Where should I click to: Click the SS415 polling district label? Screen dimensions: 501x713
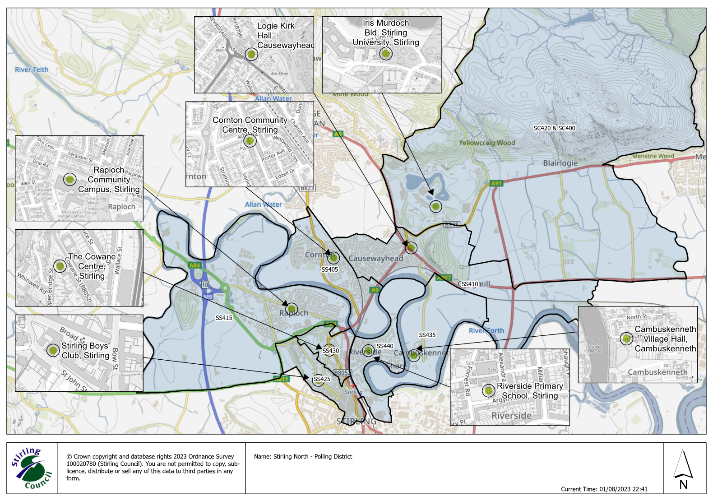pos(224,318)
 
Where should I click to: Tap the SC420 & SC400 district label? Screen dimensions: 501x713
pos(554,128)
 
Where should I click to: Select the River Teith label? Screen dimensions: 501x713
pos(32,70)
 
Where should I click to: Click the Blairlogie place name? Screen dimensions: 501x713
pos(560,163)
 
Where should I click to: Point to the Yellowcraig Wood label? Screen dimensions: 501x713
pos(486,143)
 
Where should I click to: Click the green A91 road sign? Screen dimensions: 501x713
pos(496,183)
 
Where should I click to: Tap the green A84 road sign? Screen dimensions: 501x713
pos(194,265)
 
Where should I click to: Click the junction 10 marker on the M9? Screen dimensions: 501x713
pos(205,285)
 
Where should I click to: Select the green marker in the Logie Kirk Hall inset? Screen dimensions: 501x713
pos(251,54)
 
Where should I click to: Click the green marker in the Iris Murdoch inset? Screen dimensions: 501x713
pos(385,54)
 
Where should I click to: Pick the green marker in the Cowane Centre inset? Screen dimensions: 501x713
pos(60,266)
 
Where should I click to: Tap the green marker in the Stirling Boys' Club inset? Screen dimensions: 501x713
pos(53,350)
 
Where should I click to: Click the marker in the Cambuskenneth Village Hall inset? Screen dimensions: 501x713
pos(626,338)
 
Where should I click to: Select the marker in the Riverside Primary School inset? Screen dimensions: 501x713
pos(488,390)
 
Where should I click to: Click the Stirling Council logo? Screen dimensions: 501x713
pos(32,468)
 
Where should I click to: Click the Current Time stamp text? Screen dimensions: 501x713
pos(604,489)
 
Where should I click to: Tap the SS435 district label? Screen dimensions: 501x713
pos(427,335)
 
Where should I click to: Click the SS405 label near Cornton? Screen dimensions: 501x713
pos(329,269)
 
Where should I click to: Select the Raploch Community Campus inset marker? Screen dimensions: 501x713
pos(69,179)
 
